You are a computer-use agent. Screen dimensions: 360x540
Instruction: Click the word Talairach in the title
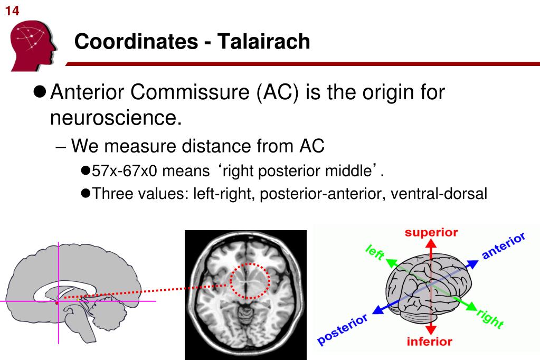(263, 41)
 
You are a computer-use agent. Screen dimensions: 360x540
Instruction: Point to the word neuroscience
(116, 118)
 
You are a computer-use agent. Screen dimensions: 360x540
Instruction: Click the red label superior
(431, 232)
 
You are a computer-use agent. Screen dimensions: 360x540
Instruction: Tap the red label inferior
(429, 342)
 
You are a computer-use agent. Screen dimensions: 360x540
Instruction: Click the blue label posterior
(343, 330)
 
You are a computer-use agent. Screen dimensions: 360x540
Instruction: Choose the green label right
(490, 319)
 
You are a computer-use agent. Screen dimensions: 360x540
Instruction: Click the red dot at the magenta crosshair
(58, 302)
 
